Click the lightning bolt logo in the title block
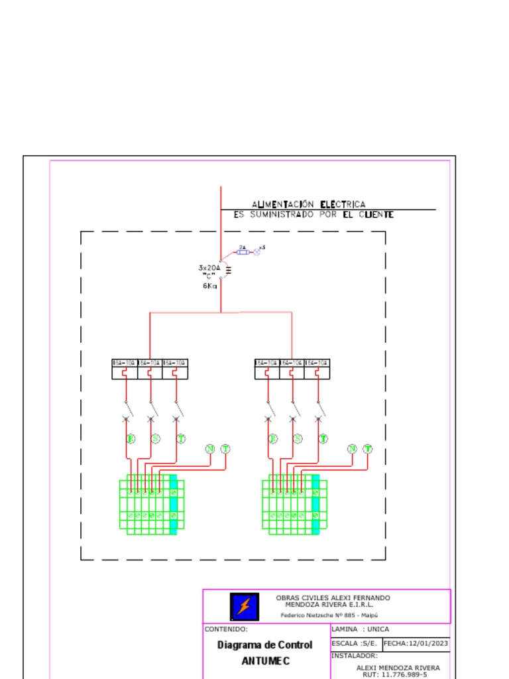pos(245,606)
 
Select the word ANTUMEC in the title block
pos(265,661)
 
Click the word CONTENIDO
pos(226,629)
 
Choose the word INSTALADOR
pos(354,656)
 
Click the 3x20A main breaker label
pos(209,268)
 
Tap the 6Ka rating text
pos(209,286)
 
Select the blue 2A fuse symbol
pos(243,253)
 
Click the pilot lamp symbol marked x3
pos(257,253)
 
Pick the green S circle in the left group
pos(155,438)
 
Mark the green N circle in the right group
pos(352,449)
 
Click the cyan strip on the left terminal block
pos(174,504)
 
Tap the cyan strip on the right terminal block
pos(315,504)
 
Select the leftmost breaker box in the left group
pos(125,369)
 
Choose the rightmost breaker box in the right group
pos(317,369)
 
